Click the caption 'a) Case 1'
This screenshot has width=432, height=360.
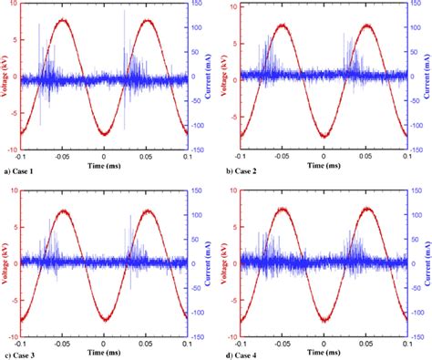coord(23,171)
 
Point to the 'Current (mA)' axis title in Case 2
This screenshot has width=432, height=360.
coord(426,77)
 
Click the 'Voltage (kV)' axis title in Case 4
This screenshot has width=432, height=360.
coord(225,262)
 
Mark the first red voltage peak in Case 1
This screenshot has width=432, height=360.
coord(61,19)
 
